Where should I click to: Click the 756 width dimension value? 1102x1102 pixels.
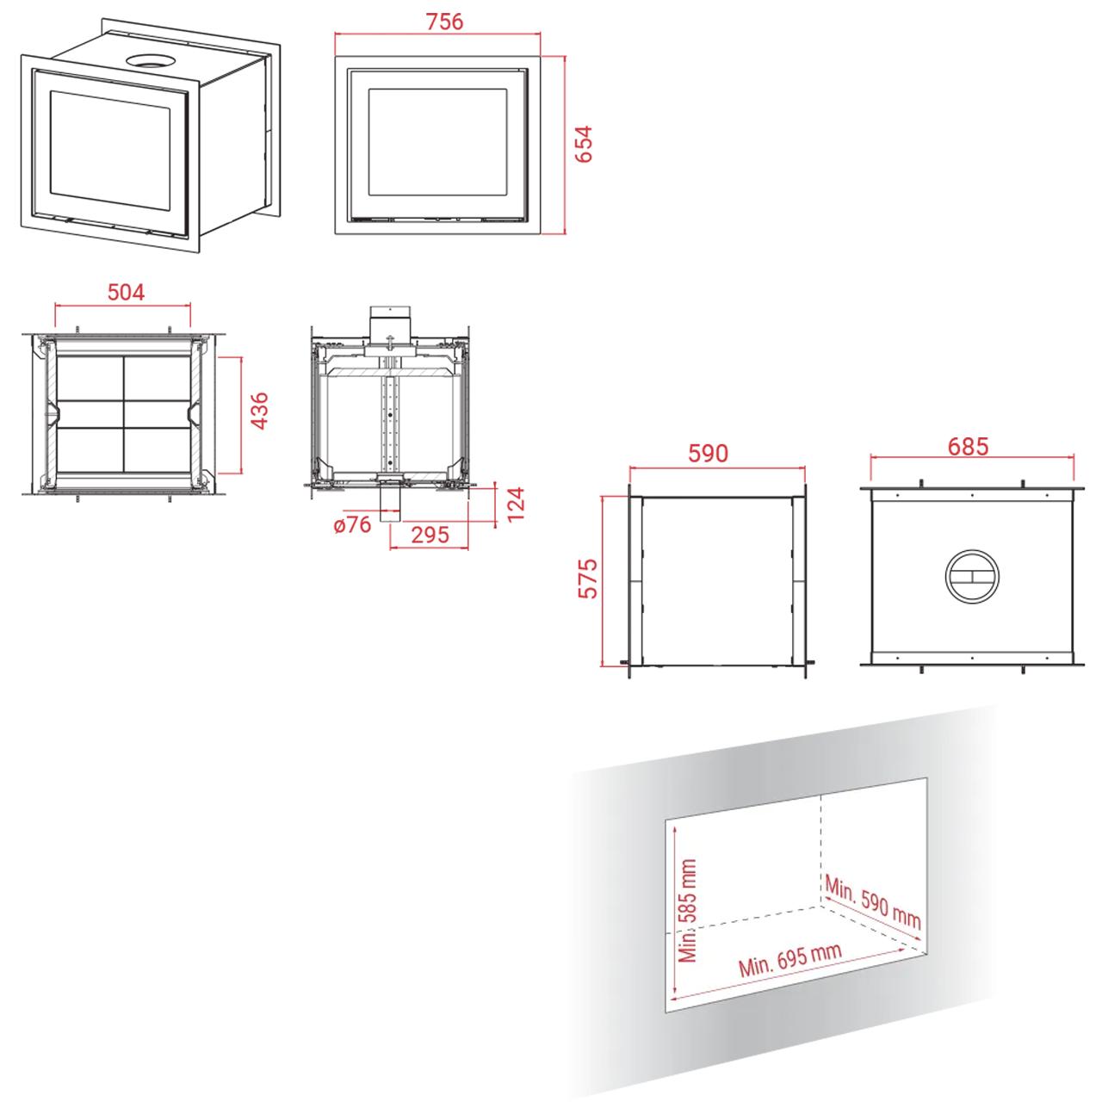tap(444, 22)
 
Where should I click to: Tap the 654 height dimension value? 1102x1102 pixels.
tap(584, 144)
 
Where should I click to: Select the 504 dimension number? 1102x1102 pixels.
tap(126, 292)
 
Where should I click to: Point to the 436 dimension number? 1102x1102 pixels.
tap(260, 411)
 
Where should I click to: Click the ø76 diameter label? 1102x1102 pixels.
tap(353, 524)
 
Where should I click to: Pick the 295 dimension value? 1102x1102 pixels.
tap(430, 535)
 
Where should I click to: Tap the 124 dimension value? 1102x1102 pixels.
tap(515, 504)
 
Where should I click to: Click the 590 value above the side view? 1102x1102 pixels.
tap(708, 453)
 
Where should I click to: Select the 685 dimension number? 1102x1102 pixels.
tap(968, 447)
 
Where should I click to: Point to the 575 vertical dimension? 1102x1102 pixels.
tap(587, 579)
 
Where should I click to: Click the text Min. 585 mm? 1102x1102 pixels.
tap(687, 910)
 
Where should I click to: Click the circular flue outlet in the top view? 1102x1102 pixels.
tap(972, 577)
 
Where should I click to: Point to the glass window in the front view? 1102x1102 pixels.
tap(437, 142)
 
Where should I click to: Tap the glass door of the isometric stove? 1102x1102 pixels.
tap(110, 149)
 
